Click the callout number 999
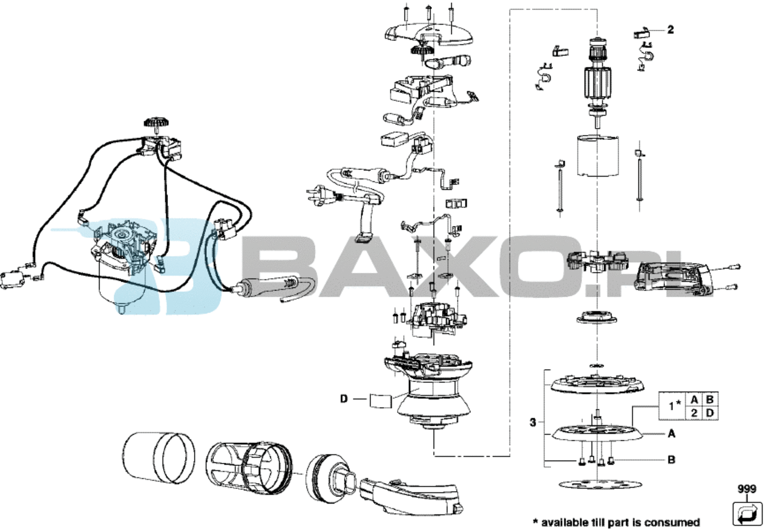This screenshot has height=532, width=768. (x=747, y=489)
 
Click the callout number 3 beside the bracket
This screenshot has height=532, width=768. (x=532, y=422)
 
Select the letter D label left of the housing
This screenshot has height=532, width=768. (x=344, y=398)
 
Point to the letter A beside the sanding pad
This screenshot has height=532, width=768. (x=672, y=434)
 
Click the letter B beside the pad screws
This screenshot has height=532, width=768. (x=672, y=459)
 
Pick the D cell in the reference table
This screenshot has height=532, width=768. (x=710, y=413)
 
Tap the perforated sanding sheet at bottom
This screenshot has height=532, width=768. (x=600, y=484)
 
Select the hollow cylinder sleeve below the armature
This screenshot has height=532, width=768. (x=598, y=156)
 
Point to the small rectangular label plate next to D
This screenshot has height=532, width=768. (x=381, y=400)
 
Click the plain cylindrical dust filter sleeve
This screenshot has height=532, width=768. (x=159, y=458)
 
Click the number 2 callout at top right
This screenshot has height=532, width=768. (x=671, y=30)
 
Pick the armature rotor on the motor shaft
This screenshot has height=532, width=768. (x=597, y=82)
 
